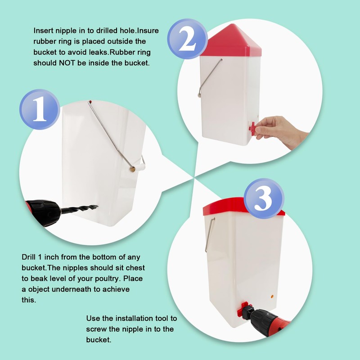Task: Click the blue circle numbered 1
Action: pyautogui.click(x=40, y=109)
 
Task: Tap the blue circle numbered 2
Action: pyautogui.click(x=187, y=39)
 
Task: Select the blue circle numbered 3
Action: pyautogui.click(x=264, y=198)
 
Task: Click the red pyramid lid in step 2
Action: pyautogui.click(x=231, y=40)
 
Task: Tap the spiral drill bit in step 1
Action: pyautogui.click(x=79, y=209)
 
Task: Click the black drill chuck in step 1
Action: pyautogui.click(x=44, y=212)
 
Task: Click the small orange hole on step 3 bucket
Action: pyautogui.click(x=272, y=296)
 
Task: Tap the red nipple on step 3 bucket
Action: pyautogui.click(x=245, y=309)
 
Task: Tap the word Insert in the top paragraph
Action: pyautogui.click(x=43, y=31)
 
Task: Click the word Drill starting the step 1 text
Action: pyautogui.click(x=29, y=257)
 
